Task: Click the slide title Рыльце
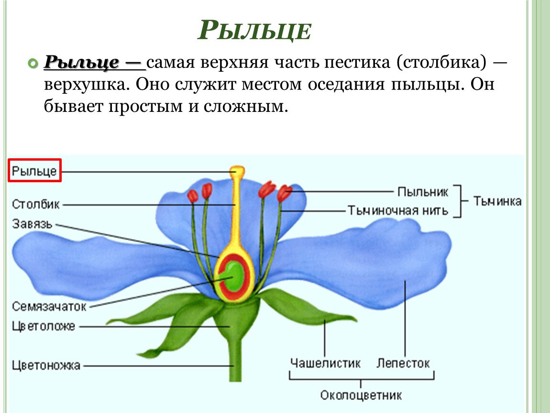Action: (254, 30)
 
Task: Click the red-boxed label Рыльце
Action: (34, 171)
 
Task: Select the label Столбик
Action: (36, 204)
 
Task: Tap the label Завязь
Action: (32, 224)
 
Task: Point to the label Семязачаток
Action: (49, 306)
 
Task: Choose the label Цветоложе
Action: (44, 326)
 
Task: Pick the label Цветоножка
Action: (46, 365)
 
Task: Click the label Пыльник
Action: (423, 192)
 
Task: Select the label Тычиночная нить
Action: (398, 210)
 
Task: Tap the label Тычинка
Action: (497, 201)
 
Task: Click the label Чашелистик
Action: (326, 363)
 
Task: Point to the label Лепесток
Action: (403, 363)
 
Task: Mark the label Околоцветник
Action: (361, 395)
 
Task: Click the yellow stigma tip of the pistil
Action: (237, 171)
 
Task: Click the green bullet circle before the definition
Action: (33, 64)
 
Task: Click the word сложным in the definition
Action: (245, 106)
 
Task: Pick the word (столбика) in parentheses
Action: (442, 63)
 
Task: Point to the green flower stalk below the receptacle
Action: (235, 358)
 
